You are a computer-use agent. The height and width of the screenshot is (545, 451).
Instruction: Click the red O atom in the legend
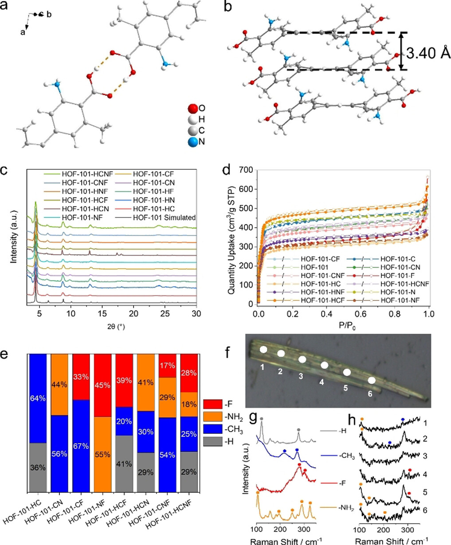pyautogui.click(x=192, y=109)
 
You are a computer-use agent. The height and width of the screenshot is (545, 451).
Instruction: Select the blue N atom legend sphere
pyautogui.click(x=192, y=142)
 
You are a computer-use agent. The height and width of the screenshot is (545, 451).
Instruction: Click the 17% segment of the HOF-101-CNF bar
pyautogui.click(x=167, y=366)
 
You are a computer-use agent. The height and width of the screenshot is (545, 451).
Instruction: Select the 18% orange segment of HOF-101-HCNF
pyautogui.click(x=188, y=404)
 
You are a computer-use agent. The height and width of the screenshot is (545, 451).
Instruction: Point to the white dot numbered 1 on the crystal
pyautogui.click(x=263, y=349)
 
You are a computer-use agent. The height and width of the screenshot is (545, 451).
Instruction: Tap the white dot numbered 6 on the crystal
pyautogui.click(x=373, y=380)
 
